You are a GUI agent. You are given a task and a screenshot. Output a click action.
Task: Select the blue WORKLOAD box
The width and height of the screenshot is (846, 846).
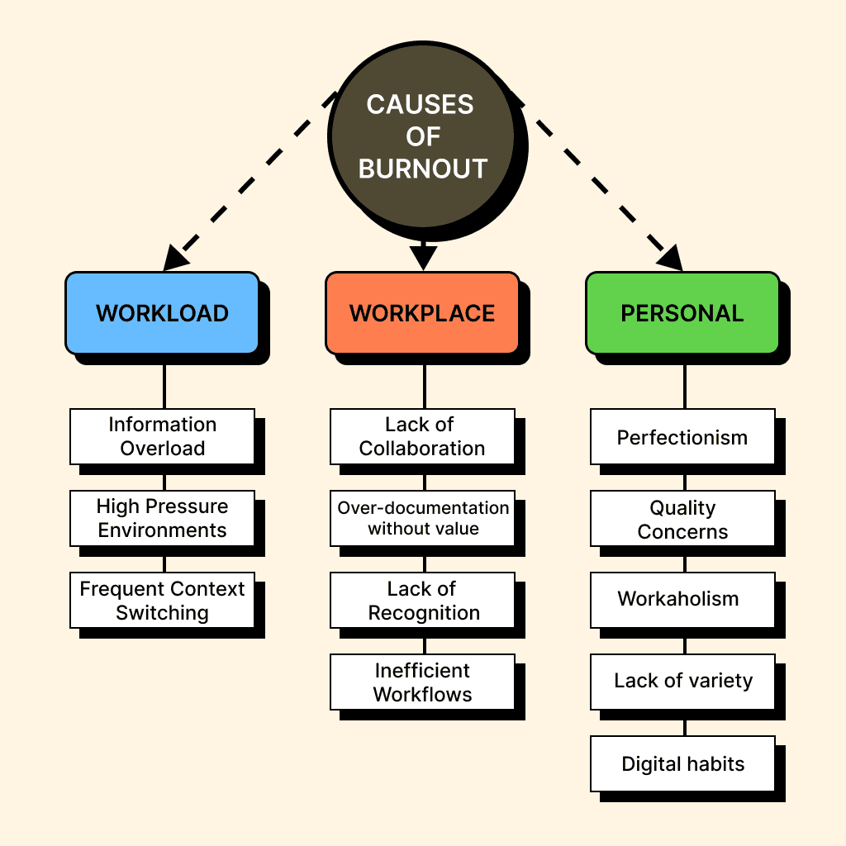[x=162, y=313]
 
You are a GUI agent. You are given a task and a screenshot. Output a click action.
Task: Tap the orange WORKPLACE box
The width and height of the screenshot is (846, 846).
[x=422, y=313]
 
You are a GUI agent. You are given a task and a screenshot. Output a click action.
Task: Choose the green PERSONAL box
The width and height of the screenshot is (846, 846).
[x=682, y=313]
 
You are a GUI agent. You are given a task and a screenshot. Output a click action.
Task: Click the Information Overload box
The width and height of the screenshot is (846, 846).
[x=162, y=436]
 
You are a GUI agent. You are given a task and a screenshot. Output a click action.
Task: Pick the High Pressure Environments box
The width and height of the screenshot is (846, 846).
[x=162, y=518]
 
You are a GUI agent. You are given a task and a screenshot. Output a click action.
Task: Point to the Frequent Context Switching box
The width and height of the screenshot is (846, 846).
[x=162, y=601]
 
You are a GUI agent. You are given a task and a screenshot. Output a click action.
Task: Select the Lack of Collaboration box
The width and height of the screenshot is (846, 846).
[x=422, y=436]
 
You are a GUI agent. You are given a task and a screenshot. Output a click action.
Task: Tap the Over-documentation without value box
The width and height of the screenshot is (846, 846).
[x=422, y=518]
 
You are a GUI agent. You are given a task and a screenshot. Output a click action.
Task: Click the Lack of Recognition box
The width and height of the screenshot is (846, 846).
[x=422, y=601]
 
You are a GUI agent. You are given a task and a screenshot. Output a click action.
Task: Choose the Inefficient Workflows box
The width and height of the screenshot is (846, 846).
[x=422, y=682]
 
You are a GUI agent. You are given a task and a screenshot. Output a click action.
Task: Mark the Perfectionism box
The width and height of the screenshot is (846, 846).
[x=682, y=436]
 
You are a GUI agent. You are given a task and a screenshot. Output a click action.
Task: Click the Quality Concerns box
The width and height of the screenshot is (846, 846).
[x=682, y=518]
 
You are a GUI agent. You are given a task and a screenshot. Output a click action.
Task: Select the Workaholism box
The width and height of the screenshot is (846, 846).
[x=682, y=599]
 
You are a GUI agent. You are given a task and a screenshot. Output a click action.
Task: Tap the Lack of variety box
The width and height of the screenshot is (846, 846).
[x=682, y=681]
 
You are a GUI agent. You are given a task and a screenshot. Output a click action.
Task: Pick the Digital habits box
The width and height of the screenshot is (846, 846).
[x=682, y=763]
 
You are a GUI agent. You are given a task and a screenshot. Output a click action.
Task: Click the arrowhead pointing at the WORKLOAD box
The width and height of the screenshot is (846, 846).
[x=175, y=259]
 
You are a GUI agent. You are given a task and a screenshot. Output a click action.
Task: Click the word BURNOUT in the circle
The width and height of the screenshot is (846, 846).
[x=423, y=169]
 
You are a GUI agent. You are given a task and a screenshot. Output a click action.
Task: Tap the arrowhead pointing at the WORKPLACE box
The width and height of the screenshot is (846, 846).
[x=422, y=258]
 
